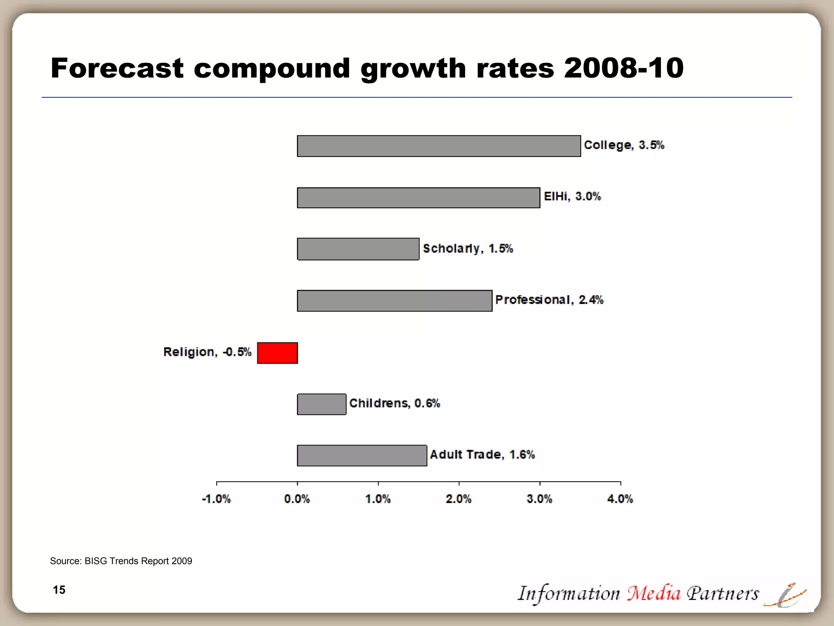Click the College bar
click(439, 146)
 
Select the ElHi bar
click(418, 198)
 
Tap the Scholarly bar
click(358, 249)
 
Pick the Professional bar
click(394, 301)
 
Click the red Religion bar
click(277, 353)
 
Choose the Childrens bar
click(321, 404)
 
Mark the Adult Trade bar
click(362, 455)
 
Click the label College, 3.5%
click(623, 145)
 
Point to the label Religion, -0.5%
click(207, 352)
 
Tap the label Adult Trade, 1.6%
click(482, 454)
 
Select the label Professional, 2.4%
click(549, 300)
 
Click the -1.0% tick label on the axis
click(216, 499)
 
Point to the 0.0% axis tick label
click(297, 499)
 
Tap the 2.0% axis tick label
click(459, 499)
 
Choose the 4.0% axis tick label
click(620, 499)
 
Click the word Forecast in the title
click(117, 68)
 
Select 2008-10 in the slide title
click(623, 68)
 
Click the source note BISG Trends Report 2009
click(138, 561)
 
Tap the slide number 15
click(59, 590)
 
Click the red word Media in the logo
click(654, 593)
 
